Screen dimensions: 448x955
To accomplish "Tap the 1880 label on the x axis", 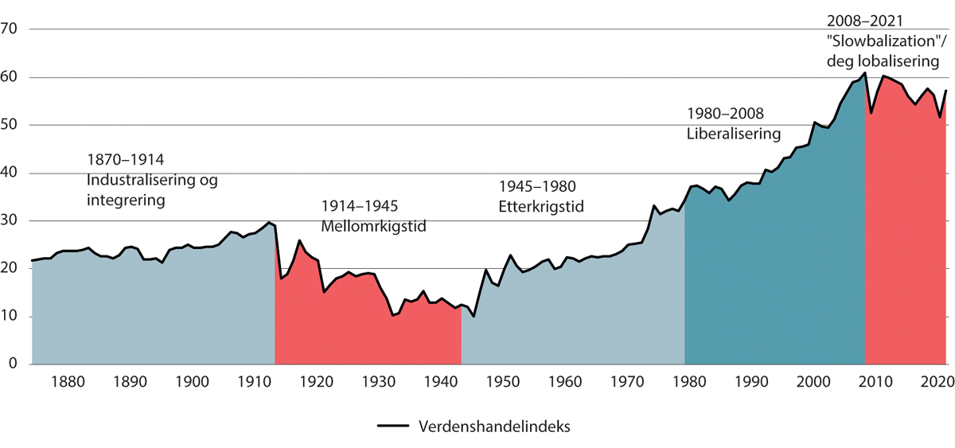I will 68,381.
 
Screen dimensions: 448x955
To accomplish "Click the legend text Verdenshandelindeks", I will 493,427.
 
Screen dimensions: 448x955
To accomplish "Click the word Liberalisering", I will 734,134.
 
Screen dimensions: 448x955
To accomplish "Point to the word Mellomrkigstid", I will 373,225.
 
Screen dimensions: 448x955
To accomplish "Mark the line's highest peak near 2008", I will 864,73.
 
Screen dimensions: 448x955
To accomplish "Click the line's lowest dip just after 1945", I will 474,317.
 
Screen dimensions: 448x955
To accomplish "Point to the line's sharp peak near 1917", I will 299,240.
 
